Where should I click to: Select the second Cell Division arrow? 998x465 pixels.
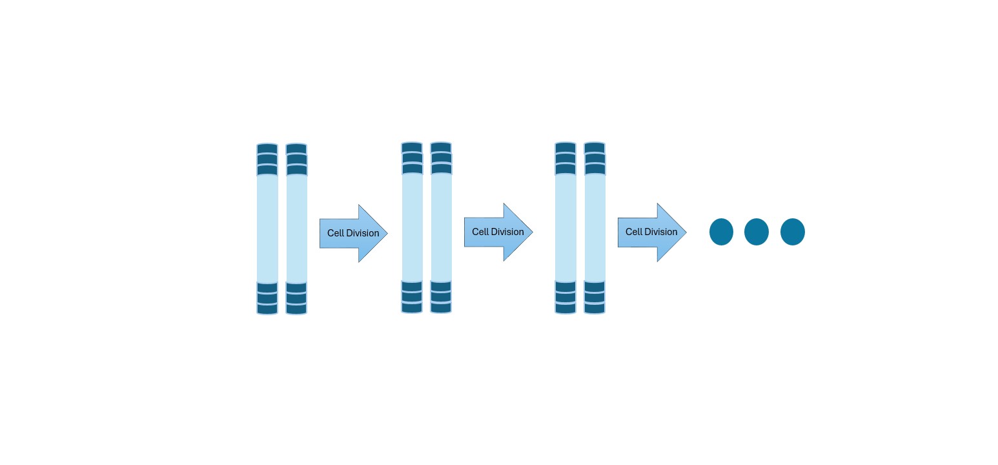coord(498,232)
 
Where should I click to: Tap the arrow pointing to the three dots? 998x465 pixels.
coord(651,232)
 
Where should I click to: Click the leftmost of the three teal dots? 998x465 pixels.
coord(721,232)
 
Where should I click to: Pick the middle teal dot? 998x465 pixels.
coord(757,232)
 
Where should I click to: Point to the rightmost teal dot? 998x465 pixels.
coord(793,232)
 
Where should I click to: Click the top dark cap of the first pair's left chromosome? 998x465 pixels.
coord(267,160)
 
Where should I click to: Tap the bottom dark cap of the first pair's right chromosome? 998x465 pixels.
coord(296,298)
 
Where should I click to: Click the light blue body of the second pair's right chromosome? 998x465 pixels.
coord(441,227)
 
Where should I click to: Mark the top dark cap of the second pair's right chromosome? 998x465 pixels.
coord(441,158)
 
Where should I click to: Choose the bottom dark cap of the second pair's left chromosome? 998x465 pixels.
coord(412,297)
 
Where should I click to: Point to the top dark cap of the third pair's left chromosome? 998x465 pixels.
coord(565,158)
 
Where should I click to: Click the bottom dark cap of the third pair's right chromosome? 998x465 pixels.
coord(595,297)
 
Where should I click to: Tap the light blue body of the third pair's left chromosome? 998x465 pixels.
coord(565,227)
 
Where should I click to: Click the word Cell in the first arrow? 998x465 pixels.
coord(336,233)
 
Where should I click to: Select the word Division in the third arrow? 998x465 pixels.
coord(661,232)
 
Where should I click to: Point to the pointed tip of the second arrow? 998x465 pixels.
coord(531,232)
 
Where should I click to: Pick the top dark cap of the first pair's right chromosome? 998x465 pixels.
coord(296,160)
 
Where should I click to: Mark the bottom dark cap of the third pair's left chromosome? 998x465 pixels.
coord(565,297)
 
